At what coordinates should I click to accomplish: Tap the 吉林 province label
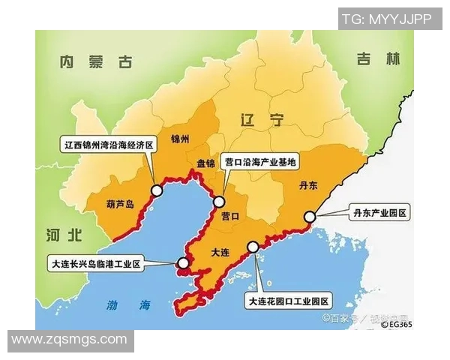pos(373,58)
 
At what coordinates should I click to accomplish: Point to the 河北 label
pos(62,235)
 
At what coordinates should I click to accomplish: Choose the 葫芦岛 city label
pos(118,202)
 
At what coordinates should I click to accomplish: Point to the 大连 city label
pos(220,253)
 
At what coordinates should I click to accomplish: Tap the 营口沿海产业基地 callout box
pos(260,161)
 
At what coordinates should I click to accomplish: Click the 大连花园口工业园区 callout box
pos(289,301)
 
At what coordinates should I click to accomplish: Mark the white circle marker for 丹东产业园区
pos(309,217)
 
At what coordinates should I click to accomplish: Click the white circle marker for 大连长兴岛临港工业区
pos(183,262)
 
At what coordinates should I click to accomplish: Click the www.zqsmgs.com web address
pos(70,340)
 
